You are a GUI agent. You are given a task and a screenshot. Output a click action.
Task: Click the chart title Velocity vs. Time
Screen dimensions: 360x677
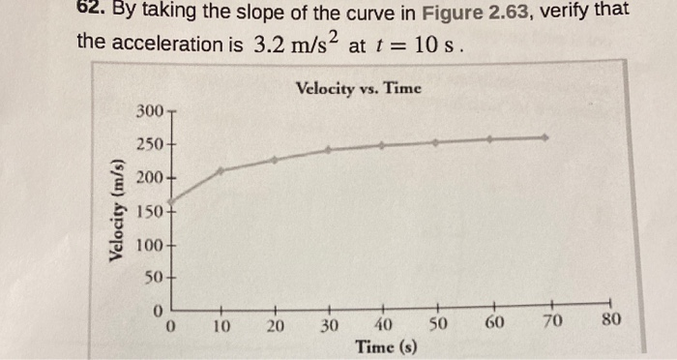coord(358,88)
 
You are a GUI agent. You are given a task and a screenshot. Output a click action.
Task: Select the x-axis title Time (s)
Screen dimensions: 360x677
coord(386,345)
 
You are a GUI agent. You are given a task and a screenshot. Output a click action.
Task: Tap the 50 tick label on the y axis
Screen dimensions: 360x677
coord(154,278)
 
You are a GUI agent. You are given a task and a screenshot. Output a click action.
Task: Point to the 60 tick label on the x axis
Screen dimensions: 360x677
coord(493,324)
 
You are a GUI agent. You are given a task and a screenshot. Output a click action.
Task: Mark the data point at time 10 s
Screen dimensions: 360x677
coord(221,170)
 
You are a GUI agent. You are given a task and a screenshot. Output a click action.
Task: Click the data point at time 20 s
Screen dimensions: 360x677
coord(275,160)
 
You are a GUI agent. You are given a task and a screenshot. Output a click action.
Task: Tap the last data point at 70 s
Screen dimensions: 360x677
coord(546,137)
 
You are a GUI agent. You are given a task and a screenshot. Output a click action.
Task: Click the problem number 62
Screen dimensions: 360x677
coord(92,12)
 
